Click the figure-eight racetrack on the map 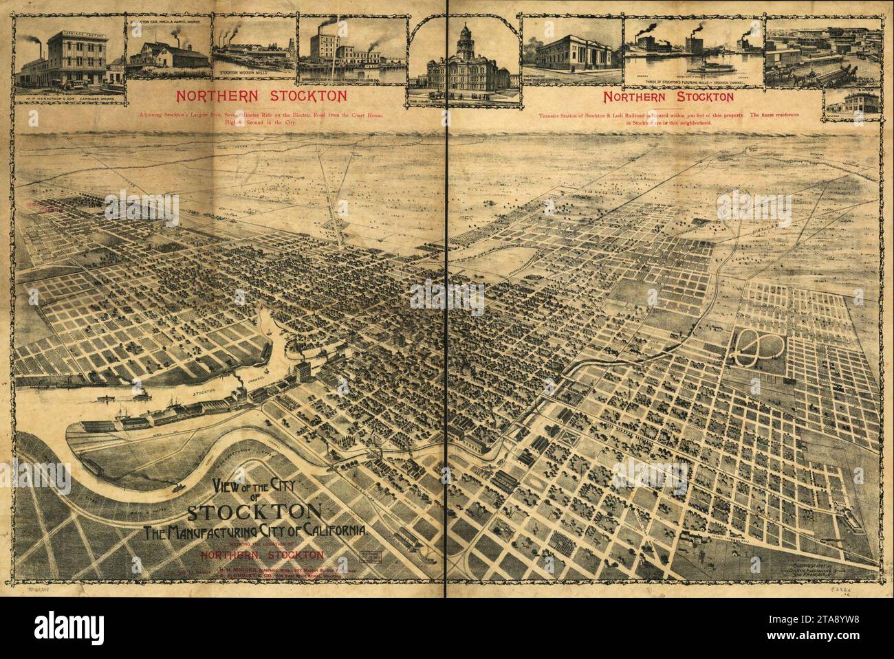(x=755, y=348)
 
